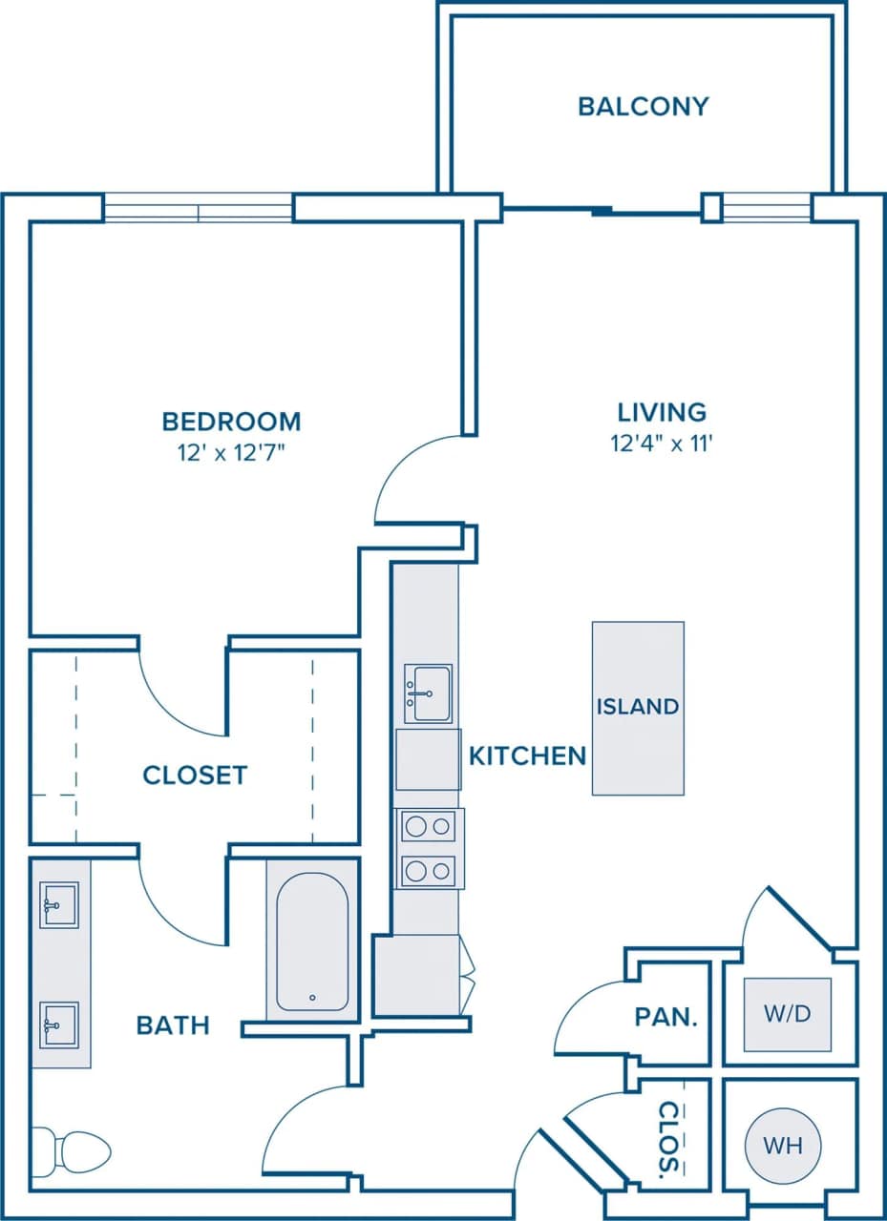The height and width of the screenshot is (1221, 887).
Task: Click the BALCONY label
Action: coord(643,106)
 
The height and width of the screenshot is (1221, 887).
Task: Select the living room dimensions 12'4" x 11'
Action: coord(662,443)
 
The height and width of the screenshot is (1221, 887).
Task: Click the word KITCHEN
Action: coord(528,756)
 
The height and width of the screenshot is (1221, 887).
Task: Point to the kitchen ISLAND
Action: coord(638,708)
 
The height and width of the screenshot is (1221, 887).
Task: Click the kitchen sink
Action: coord(428,693)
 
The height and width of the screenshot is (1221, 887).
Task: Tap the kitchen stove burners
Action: coord(428,848)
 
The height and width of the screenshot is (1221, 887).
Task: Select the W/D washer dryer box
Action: coord(787,1014)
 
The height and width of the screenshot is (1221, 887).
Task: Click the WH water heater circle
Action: coord(782,1146)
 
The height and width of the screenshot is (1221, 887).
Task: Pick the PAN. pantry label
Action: coord(666,1017)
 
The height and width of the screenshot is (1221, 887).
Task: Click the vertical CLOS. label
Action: coord(670,1137)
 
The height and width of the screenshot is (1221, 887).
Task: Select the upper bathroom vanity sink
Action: coord(58,904)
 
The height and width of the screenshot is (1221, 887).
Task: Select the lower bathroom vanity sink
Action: coord(58,1024)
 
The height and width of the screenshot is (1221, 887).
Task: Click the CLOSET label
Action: coord(195,776)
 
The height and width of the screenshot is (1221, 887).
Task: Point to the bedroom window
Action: coord(198,208)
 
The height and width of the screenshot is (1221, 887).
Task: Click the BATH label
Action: coord(173,1025)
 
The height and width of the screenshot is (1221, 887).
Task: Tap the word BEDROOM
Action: coord(231,421)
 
